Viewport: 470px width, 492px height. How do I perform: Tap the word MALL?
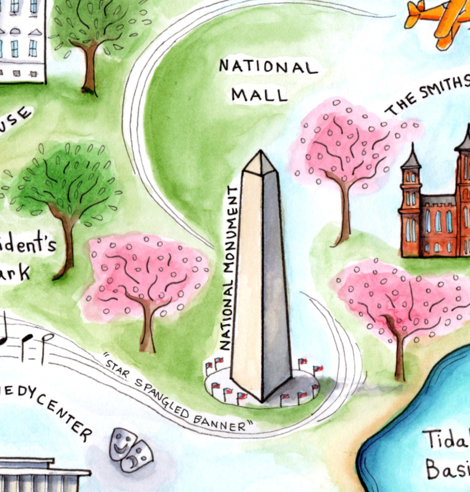coord(259,95)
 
